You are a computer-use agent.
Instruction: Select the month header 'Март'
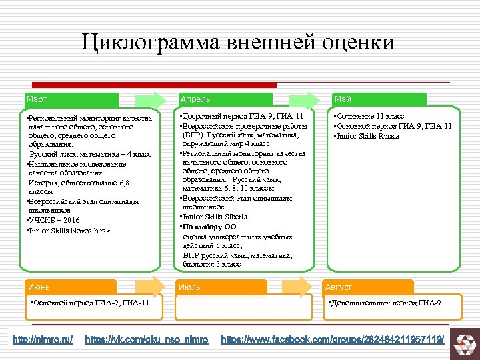click(x=37, y=99)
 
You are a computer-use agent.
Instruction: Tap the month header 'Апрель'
click(x=195, y=99)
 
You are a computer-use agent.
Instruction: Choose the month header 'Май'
click(x=343, y=99)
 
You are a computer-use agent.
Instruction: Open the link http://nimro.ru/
click(x=43, y=340)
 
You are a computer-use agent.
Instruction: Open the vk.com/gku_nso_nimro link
click(x=147, y=340)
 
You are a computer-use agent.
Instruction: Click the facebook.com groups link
click(x=333, y=340)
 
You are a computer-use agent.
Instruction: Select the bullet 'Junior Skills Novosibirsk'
click(x=69, y=231)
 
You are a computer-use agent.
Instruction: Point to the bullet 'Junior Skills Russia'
click(x=368, y=136)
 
